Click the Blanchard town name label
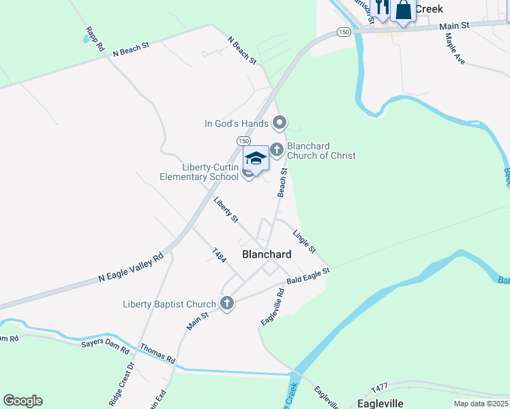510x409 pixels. pos(267,254)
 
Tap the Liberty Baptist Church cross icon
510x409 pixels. pos(227,304)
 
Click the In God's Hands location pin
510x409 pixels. pos(279,123)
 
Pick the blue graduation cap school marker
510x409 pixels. pos(256,159)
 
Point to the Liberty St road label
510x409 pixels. pos(226,210)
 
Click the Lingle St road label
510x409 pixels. pos(304,241)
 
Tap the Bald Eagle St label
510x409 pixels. pos(308,275)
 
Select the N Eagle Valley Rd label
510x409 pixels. pos(132,268)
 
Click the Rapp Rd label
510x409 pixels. pos(95,40)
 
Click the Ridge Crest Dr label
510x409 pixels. pos(130,386)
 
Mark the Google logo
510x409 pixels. pos(22,401)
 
